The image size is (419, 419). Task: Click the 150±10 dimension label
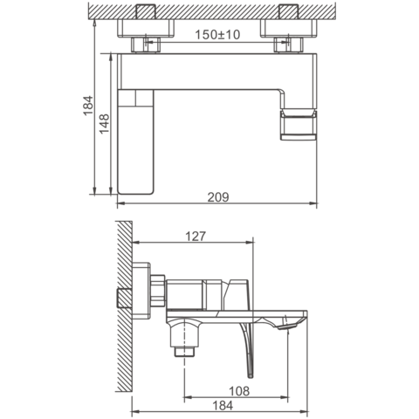click(217, 35)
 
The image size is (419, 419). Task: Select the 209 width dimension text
click(218, 197)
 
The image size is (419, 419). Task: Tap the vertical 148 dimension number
click(105, 124)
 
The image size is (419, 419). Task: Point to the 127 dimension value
click(196, 237)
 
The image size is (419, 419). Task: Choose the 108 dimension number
click(239, 391)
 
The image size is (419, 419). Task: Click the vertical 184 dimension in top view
click(88, 106)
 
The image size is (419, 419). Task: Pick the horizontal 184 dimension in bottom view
click(223, 406)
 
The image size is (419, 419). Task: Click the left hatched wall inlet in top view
click(145, 11)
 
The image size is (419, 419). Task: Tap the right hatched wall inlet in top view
click(289, 11)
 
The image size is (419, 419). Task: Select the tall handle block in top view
click(135, 141)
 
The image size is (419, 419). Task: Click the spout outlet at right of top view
click(299, 125)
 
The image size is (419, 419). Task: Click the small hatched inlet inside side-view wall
click(125, 299)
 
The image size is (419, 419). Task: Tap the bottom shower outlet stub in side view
click(184, 352)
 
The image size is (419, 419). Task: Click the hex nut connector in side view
click(158, 291)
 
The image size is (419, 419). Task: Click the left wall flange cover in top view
click(146, 28)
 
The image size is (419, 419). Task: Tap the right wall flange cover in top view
click(289, 28)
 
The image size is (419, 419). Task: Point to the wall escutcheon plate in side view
click(141, 291)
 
